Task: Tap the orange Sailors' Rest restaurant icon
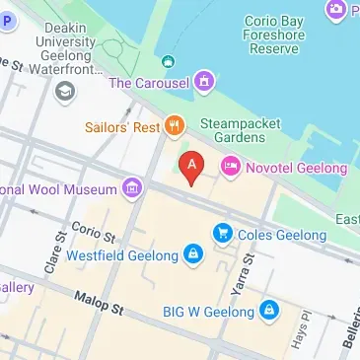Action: click(174, 124)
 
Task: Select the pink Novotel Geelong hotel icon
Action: click(229, 169)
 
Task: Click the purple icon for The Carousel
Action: click(203, 82)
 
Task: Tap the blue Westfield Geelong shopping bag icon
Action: click(193, 256)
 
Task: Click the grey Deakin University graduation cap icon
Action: click(65, 92)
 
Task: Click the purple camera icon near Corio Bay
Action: click(335, 10)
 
